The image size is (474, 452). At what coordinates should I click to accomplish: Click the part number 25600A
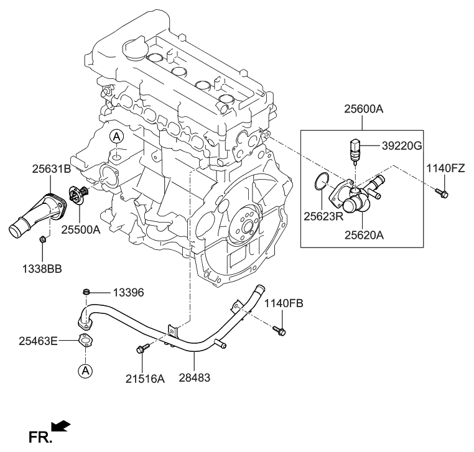(363, 109)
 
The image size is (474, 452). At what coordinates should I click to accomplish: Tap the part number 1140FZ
(446, 168)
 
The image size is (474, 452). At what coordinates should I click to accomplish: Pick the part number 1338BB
(42, 269)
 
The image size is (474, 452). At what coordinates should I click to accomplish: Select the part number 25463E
(38, 340)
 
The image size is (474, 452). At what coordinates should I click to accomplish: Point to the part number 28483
(195, 378)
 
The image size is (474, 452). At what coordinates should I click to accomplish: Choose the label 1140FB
(283, 303)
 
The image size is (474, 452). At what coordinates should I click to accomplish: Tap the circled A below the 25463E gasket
(85, 371)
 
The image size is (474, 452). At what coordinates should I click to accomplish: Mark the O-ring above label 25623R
(321, 182)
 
